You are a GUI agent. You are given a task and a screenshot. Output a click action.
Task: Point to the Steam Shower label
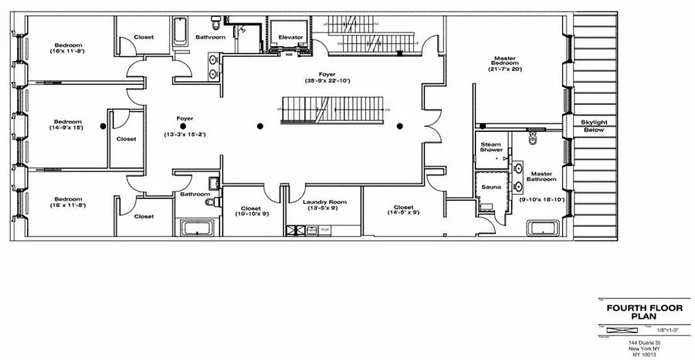491,146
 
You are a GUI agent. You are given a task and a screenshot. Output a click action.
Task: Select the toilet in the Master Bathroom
531,139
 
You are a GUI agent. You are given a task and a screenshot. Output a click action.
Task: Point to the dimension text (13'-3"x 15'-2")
185,133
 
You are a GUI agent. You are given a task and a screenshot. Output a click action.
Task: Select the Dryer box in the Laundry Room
325,229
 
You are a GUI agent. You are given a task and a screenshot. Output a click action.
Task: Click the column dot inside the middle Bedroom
103,126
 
